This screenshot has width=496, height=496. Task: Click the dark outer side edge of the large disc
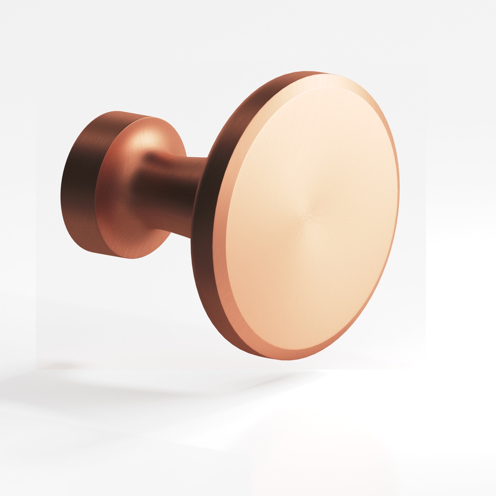pos(205,231)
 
